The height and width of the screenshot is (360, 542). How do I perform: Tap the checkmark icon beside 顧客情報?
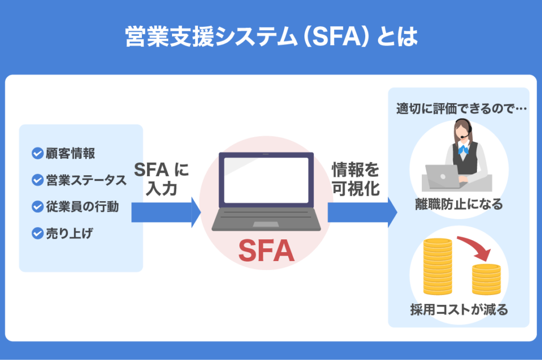(37, 154)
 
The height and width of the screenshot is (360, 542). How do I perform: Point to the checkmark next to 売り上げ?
(37, 233)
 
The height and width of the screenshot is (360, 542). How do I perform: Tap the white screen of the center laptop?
(266, 180)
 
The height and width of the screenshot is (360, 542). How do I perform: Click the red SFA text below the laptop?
(266, 251)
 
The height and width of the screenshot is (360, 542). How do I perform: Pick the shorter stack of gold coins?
(486, 278)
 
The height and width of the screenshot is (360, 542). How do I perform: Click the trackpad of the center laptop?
(266, 224)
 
